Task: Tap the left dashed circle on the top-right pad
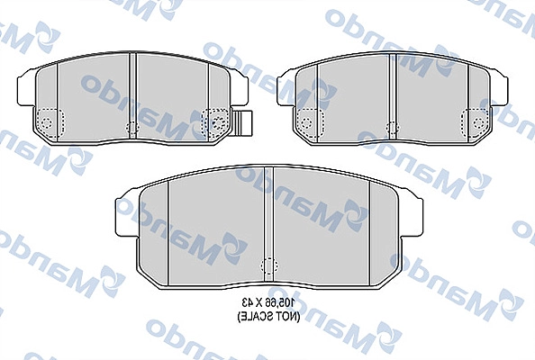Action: point(306,119)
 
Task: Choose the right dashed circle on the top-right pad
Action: point(475,119)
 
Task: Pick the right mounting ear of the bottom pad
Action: point(411,211)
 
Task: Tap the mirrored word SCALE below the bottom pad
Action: point(253,316)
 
